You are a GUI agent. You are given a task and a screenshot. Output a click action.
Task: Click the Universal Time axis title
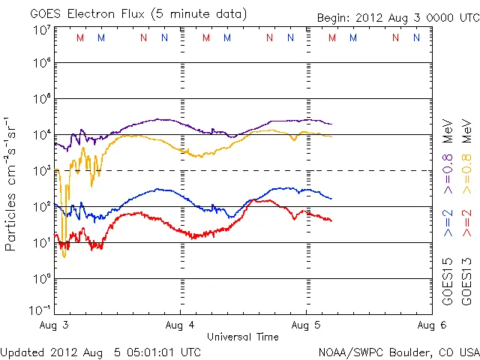point(242,337)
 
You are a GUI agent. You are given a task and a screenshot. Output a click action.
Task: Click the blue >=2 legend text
point(448,223)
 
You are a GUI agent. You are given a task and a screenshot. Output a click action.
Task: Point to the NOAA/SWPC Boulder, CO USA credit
point(398,352)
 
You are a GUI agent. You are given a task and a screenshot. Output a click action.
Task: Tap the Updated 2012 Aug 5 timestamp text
point(100,352)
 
